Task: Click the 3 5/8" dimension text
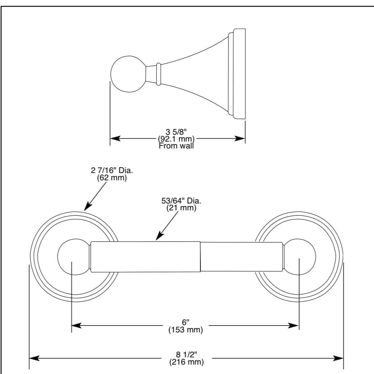tap(176, 132)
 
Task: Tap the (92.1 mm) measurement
tap(176, 139)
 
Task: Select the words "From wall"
tap(176, 146)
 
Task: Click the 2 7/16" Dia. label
tap(112, 171)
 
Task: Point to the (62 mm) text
tap(112, 178)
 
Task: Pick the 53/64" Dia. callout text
tap(181, 201)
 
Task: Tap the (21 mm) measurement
tap(181, 208)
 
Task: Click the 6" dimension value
tap(186, 322)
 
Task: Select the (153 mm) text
tap(186, 330)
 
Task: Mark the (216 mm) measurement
tap(186, 362)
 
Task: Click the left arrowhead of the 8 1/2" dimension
tap(34, 358)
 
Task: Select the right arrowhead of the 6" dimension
tap(293, 325)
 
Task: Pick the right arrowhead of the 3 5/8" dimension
tap(240, 138)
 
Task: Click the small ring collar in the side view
tap(158, 74)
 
